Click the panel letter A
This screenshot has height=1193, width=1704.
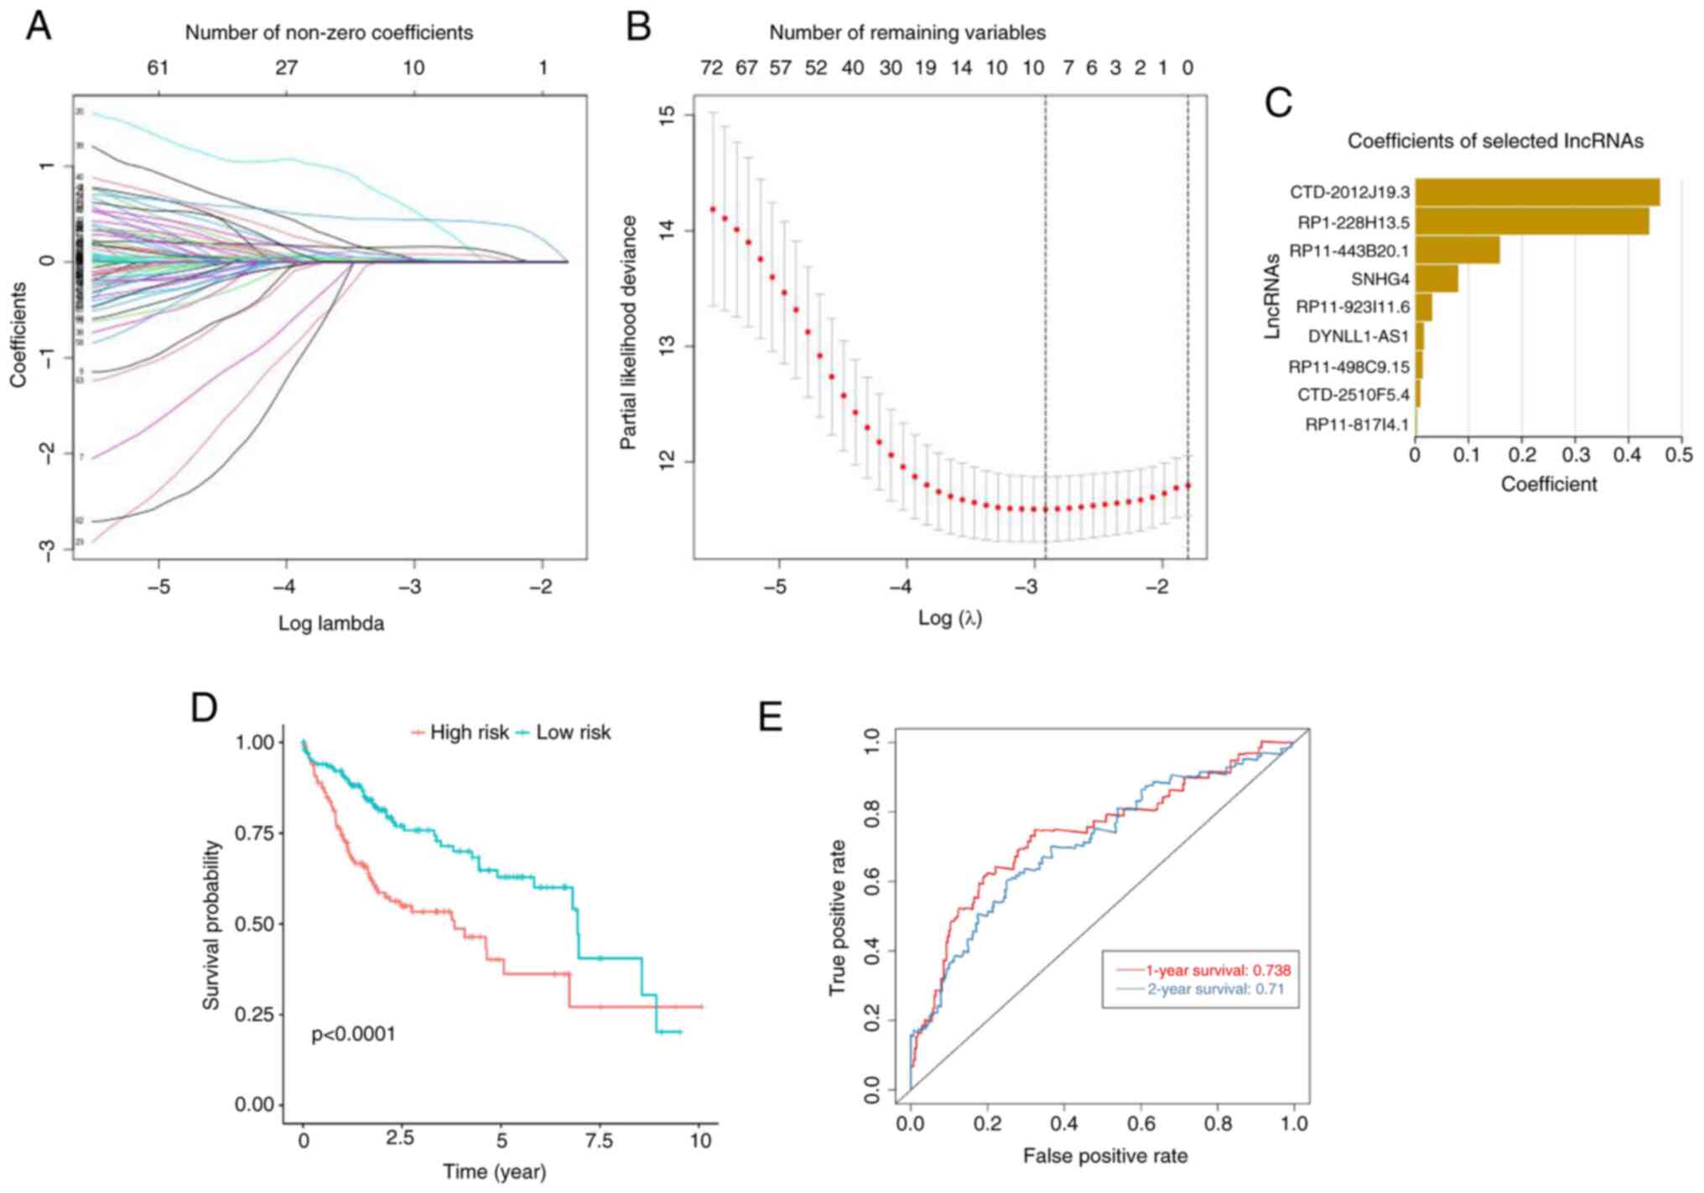click(x=39, y=27)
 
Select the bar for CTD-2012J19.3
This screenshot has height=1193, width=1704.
click(x=1536, y=192)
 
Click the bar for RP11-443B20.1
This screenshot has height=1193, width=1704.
click(x=1457, y=251)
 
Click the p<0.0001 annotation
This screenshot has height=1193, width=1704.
click(x=353, y=1035)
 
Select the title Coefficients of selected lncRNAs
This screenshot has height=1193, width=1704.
click(x=1494, y=141)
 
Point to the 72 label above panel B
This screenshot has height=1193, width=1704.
click(x=711, y=68)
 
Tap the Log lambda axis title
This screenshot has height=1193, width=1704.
click(x=331, y=624)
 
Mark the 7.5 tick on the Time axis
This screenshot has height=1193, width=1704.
click(x=599, y=1140)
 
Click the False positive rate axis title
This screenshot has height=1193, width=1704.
click(x=1104, y=1157)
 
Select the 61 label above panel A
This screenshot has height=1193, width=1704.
click(x=158, y=68)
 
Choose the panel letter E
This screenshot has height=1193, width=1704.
click(x=770, y=718)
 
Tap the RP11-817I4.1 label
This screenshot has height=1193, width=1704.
click(x=1356, y=425)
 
